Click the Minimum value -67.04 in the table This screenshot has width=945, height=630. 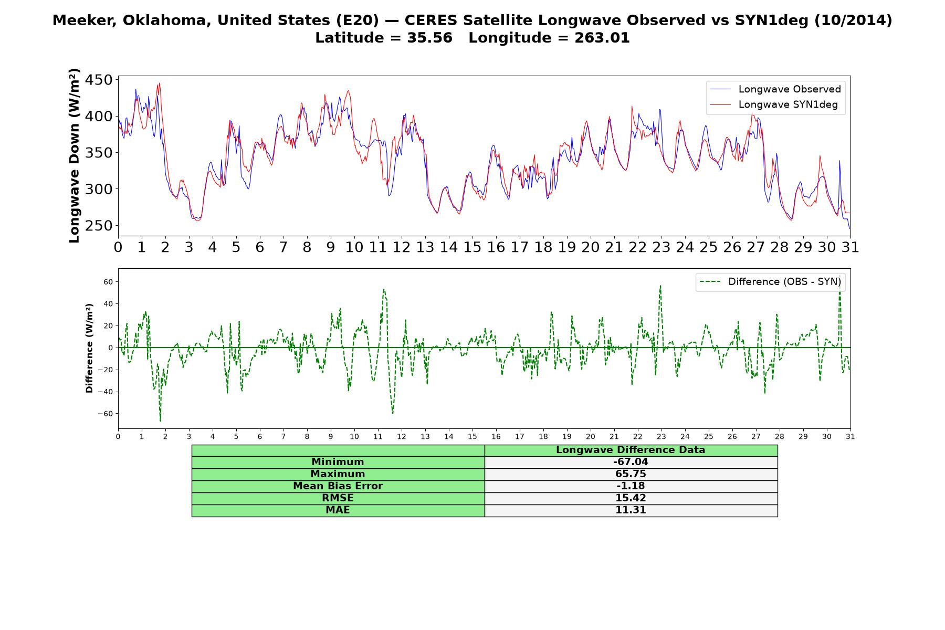coord(631,462)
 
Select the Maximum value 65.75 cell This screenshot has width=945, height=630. coord(631,474)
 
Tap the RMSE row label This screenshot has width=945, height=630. coord(338,498)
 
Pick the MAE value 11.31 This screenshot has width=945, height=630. coord(631,510)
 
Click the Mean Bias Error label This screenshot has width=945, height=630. coord(338,486)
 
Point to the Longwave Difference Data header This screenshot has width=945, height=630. coord(631,450)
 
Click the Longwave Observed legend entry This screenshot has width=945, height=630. coord(775,89)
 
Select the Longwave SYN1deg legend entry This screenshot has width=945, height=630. coord(774,104)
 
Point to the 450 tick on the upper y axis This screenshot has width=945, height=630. coord(99,80)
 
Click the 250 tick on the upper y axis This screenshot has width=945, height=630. coord(99,226)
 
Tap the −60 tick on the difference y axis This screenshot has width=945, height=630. coord(104,414)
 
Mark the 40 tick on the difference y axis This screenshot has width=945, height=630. coord(108,304)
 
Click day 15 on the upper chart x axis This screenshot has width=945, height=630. coord(472,247)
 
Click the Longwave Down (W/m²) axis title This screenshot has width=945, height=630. coord(74,155)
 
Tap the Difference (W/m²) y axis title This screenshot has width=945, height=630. coord(89,348)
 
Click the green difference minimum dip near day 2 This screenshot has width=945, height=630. coord(160,420)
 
